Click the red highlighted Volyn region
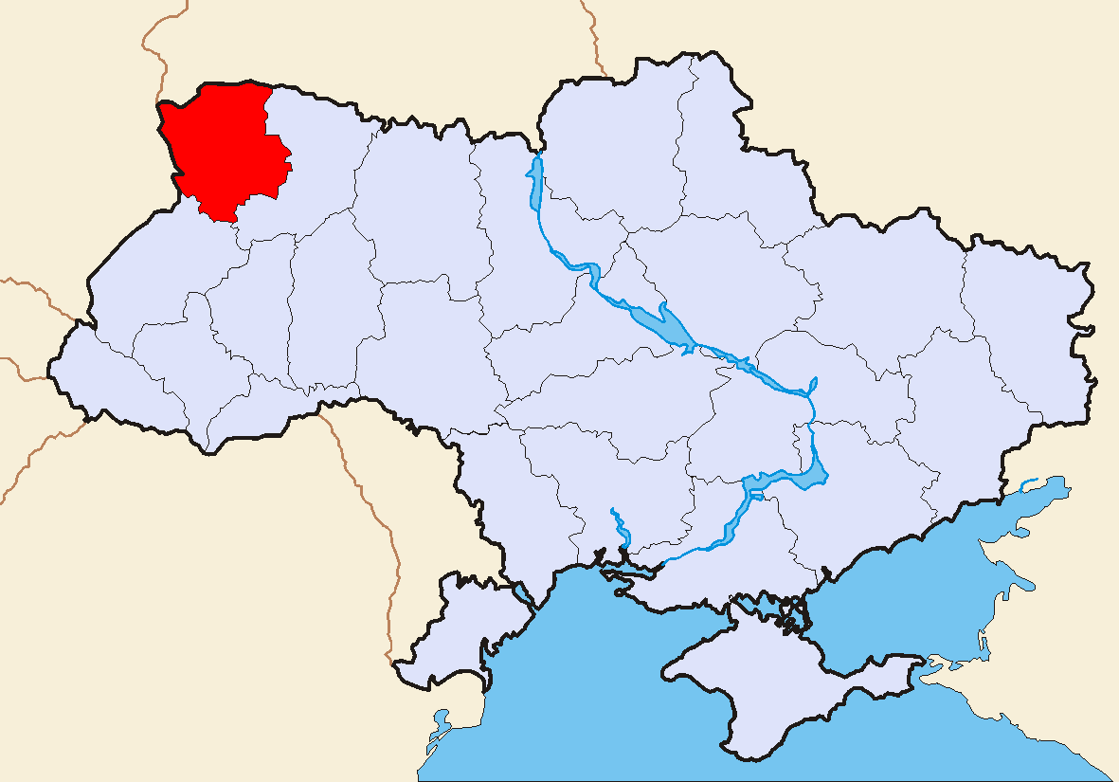223,147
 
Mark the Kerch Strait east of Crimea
933,664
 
